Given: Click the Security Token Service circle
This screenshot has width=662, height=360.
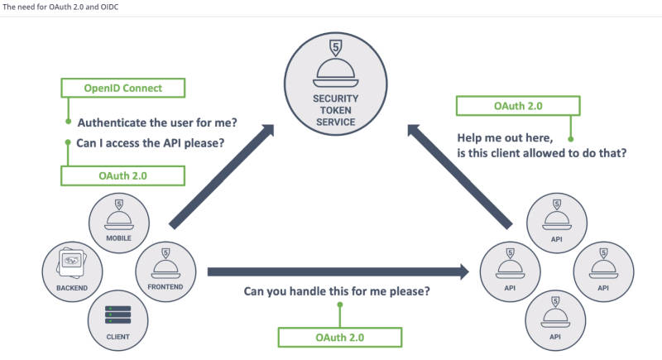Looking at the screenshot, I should (335, 83).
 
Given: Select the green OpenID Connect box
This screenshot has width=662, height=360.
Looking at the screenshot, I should (123, 88).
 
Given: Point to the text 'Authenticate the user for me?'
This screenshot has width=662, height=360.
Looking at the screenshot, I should (157, 122).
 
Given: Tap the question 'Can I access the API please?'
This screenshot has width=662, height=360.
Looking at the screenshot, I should (151, 142).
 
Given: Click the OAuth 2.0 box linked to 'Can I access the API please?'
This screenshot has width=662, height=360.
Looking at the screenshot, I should (122, 175).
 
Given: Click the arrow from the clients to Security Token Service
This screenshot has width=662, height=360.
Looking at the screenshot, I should (222, 175).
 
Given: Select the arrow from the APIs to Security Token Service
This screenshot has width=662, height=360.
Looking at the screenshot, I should (459, 175).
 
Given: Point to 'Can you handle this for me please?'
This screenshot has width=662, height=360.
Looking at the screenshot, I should (336, 292).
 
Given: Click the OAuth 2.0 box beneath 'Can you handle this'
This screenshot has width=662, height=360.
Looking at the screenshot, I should (339, 337).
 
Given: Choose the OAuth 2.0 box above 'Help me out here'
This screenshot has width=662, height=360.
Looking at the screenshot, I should (518, 106).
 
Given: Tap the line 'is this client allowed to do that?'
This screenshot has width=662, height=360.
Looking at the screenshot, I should (542, 153).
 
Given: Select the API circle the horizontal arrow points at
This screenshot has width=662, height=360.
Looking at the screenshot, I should (509, 270).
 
